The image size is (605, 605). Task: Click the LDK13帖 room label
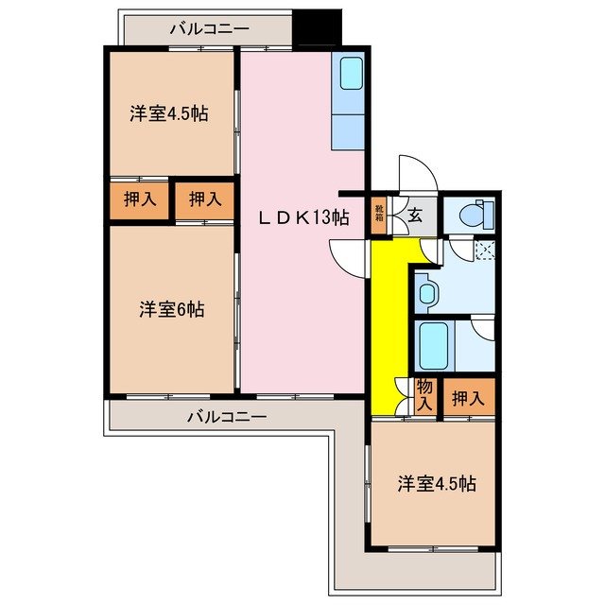(304, 217)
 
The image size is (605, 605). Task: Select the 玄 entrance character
(415, 215)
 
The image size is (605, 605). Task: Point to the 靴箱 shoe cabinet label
(379, 214)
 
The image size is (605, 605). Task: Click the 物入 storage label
(424, 394)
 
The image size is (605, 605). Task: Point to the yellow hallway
(386, 321)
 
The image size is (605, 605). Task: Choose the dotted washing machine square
(485, 251)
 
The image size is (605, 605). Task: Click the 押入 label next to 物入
(467, 398)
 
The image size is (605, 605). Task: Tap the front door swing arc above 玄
(416, 174)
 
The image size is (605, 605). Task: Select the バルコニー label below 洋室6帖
(226, 415)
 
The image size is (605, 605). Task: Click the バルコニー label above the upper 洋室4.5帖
(210, 28)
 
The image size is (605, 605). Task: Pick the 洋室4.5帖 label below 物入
(436, 484)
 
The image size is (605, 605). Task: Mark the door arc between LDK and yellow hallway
(347, 257)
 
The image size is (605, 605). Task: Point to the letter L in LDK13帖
(268, 217)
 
